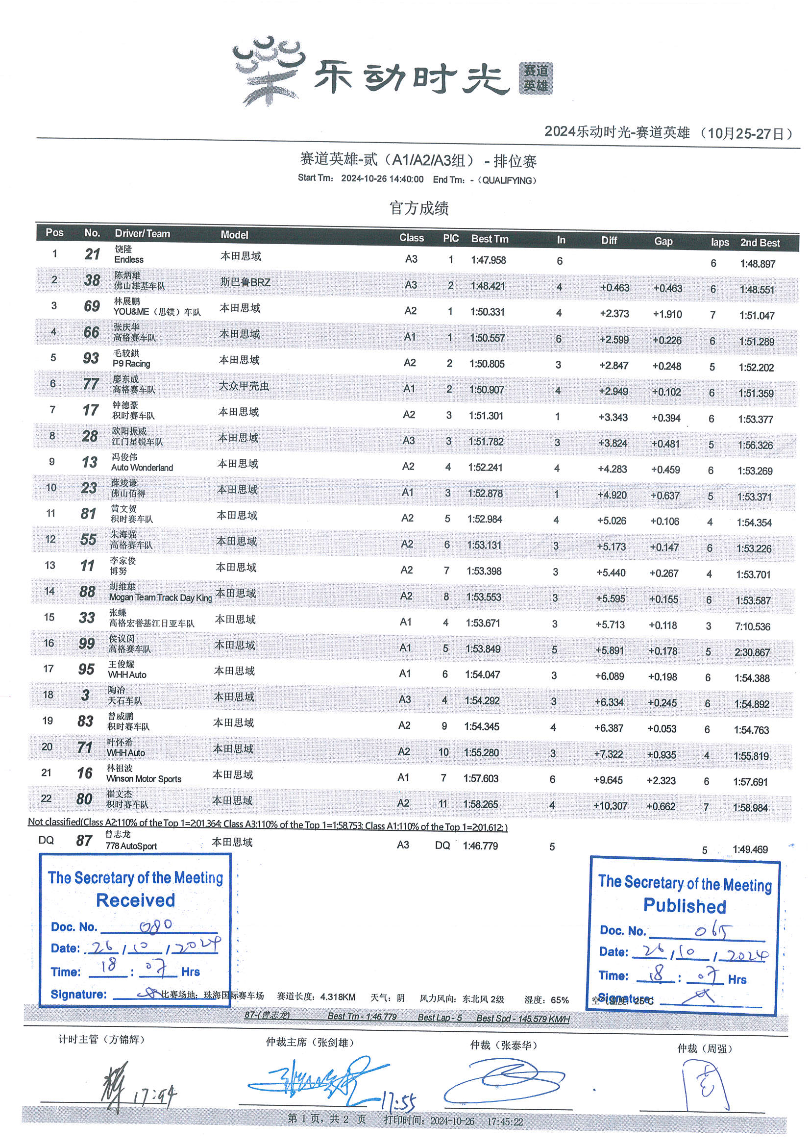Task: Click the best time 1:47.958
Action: (488, 260)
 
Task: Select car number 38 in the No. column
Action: (92, 280)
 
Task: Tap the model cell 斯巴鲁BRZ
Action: (245, 282)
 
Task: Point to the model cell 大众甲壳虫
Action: (244, 386)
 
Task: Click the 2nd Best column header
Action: (760, 243)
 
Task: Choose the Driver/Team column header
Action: (142, 233)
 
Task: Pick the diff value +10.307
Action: (610, 806)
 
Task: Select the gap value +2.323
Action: (661, 780)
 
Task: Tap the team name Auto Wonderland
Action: (142, 468)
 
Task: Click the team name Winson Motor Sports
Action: (144, 779)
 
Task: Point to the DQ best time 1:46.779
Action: (480, 846)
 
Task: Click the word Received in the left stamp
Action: (135, 900)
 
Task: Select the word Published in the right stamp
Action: (684, 905)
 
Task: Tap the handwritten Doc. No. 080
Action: (156, 926)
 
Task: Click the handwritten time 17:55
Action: (398, 1101)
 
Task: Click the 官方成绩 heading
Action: (419, 208)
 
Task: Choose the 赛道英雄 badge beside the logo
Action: (536, 78)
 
